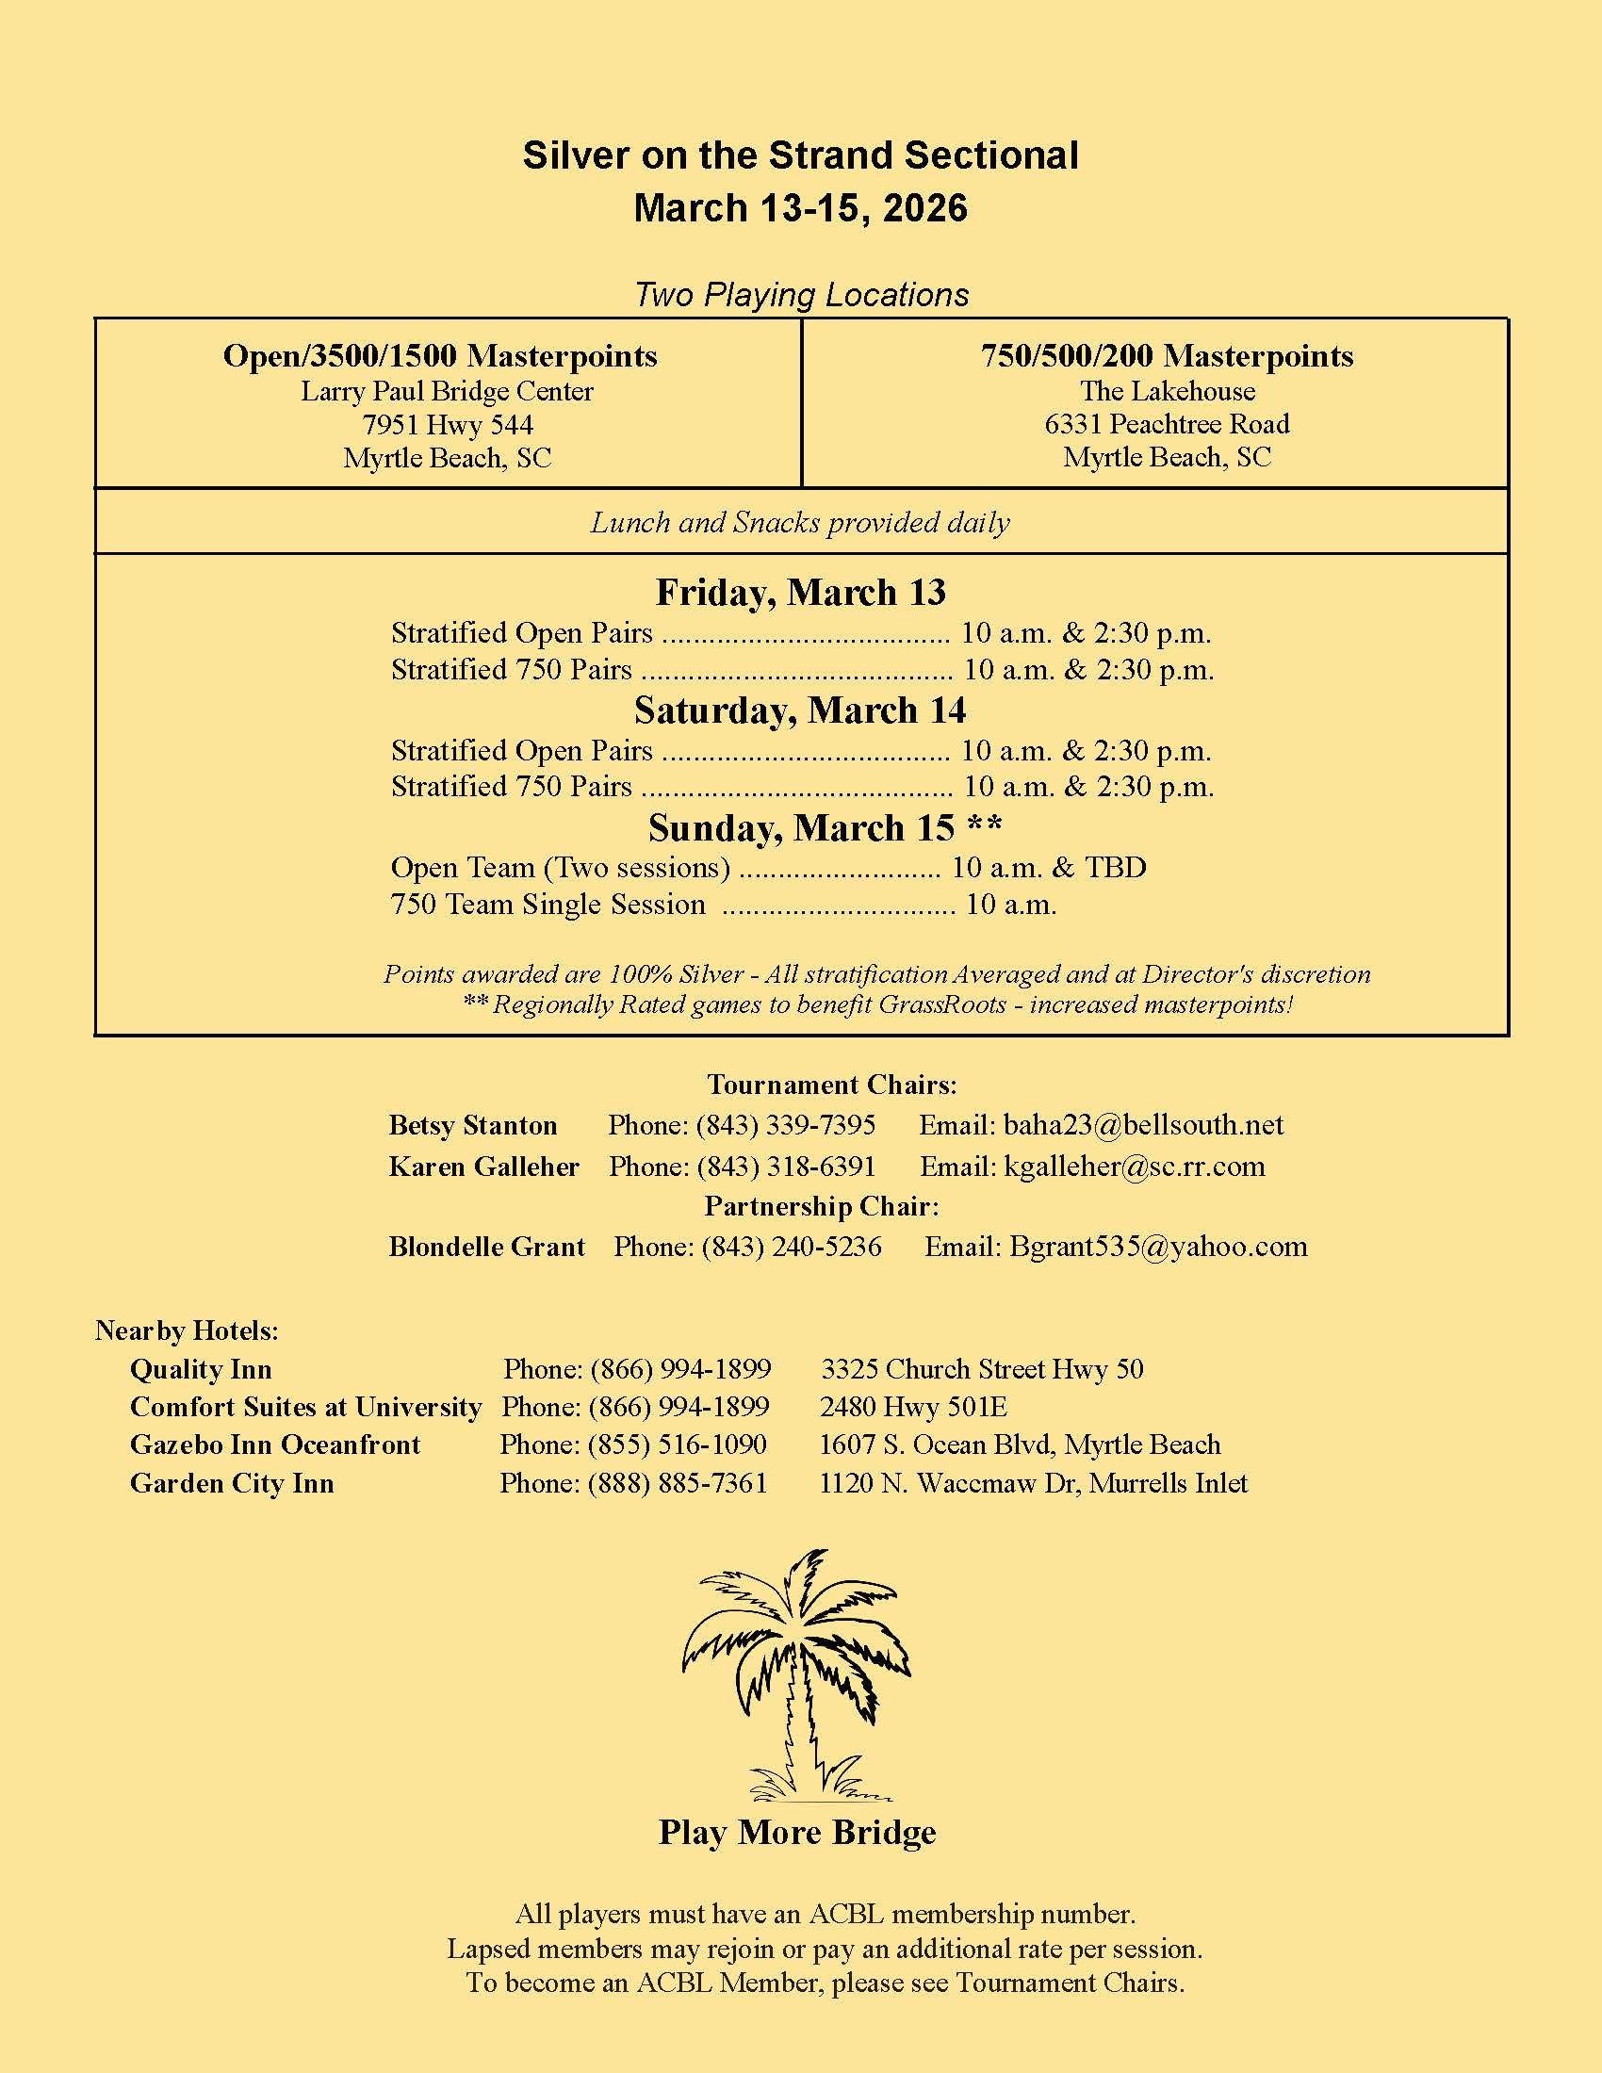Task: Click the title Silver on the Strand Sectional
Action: coord(800,155)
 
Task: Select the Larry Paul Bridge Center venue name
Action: coord(447,391)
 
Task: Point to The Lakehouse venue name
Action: coord(1168,391)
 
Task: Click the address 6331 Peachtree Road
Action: coord(1168,424)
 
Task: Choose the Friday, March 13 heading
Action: coord(800,593)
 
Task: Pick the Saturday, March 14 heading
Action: coord(800,710)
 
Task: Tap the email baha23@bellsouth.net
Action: coord(1143,1125)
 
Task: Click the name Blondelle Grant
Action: coord(487,1247)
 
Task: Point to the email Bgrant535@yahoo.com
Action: coord(1158,1247)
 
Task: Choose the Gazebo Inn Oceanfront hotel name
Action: coord(275,1445)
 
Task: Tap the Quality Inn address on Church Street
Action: coord(981,1369)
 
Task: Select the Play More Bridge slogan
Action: coord(797,1832)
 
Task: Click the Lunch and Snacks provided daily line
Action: coord(800,522)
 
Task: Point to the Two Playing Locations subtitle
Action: coord(801,295)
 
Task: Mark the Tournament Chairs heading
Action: coord(831,1084)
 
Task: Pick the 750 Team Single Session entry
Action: coord(548,904)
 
